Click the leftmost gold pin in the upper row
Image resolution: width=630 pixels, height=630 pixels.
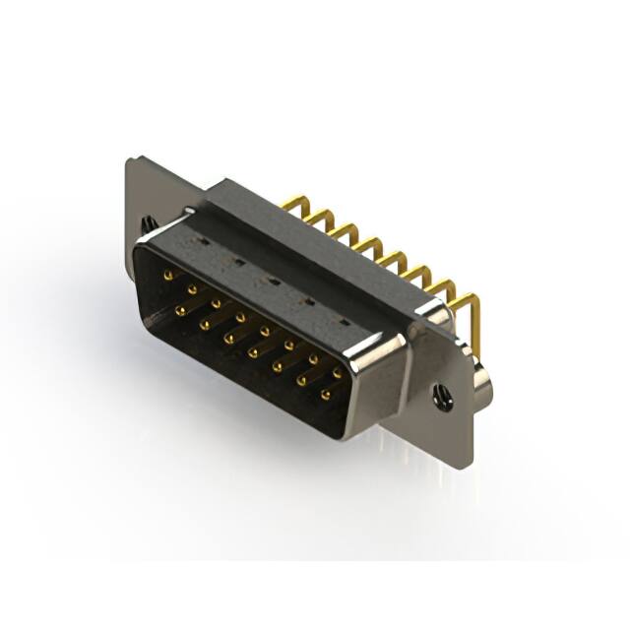(168, 275)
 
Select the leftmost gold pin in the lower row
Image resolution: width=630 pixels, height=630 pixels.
(181, 310)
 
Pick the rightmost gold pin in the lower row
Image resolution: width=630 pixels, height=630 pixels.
(325, 396)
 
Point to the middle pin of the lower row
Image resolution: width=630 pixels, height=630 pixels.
(253, 352)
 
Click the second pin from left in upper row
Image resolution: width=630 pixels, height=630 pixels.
(192, 288)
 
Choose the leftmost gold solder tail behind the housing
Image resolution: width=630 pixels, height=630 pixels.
(290, 204)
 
